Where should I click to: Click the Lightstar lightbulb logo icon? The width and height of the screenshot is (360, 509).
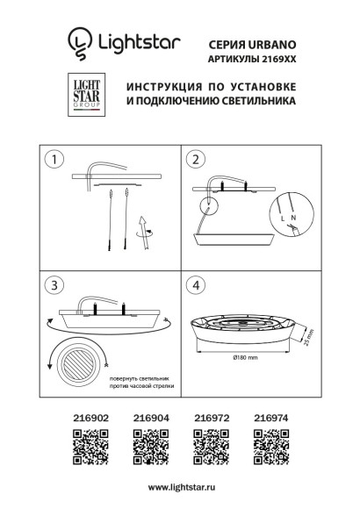tap(78, 40)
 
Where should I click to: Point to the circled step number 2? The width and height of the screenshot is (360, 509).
tap(196, 161)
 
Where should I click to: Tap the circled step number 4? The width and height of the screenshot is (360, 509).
tap(196, 286)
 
